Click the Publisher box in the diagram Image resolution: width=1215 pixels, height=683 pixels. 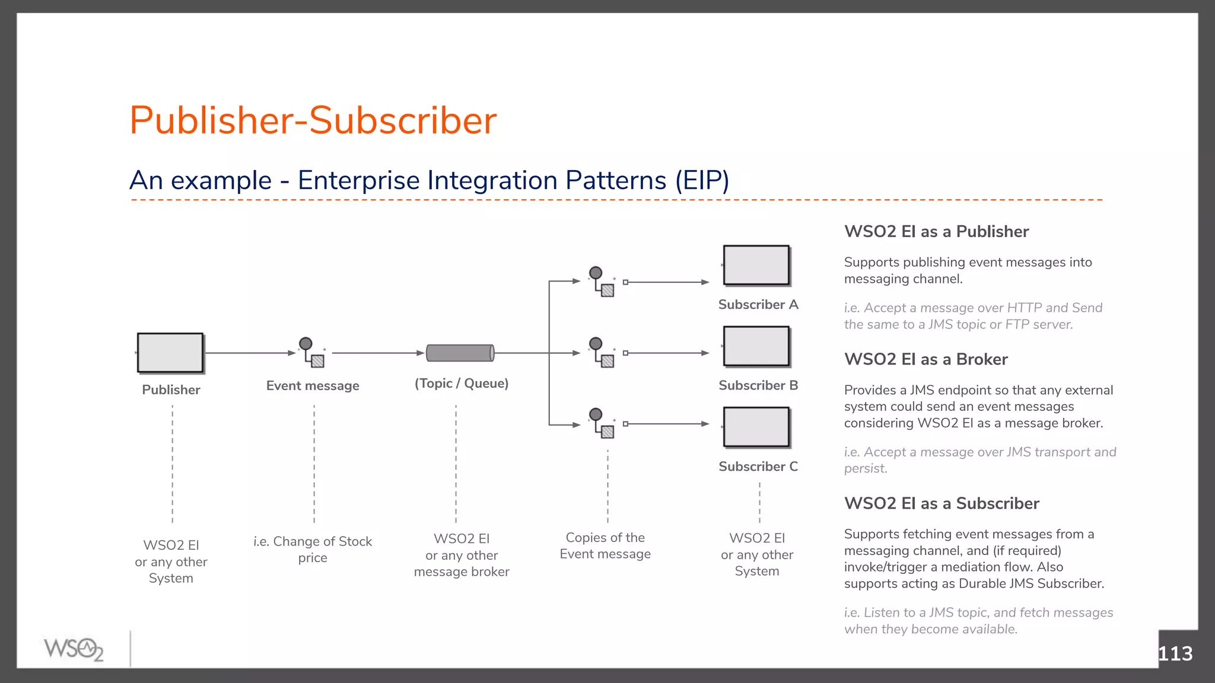(x=170, y=353)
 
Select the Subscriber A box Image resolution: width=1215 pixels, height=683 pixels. (x=756, y=266)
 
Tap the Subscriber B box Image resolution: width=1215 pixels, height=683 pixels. (x=756, y=346)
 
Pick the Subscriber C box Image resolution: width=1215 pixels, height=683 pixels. (x=756, y=427)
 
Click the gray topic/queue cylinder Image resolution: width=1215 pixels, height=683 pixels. (x=460, y=353)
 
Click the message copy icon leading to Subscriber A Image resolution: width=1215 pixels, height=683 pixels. (x=602, y=282)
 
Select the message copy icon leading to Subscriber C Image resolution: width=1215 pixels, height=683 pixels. (x=602, y=423)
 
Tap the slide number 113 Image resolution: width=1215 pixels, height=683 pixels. (x=1175, y=653)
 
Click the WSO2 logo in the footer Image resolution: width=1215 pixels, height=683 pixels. (x=74, y=649)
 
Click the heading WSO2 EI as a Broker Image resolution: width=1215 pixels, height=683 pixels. (x=925, y=359)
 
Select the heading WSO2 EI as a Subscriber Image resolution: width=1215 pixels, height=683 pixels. (x=942, y=503)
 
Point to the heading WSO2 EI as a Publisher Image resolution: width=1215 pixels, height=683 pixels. (x=936, y=232)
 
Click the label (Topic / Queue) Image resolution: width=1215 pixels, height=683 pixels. (x=462, y=384)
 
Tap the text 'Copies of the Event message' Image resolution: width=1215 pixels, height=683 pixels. (x=605, y=545)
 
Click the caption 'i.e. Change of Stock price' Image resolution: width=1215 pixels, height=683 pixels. (x=313, y=549)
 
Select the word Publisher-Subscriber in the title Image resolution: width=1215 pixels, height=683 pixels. (x=313, y=120)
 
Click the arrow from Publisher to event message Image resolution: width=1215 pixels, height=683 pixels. (x=249, y=353)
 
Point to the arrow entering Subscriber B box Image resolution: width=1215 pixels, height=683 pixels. (x=667, y=353)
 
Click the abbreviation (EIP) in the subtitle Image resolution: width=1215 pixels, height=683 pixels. (x=702, y=180)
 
